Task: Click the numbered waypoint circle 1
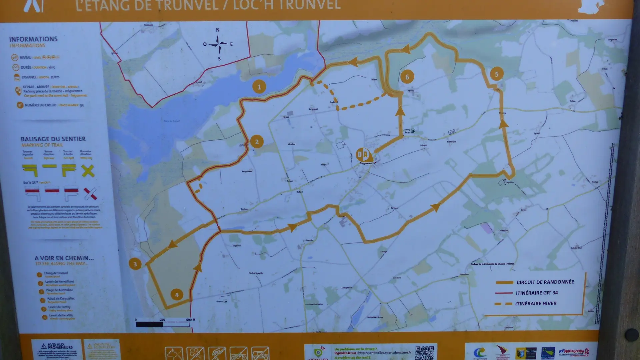tap(259, 87)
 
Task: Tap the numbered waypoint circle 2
tap(257, 142)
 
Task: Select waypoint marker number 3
tap(135, 264)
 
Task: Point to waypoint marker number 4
tap(177, 295)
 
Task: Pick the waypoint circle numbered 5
tap(497, 74)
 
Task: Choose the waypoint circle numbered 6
tap(407, 77)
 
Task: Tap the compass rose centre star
tap(218, 44)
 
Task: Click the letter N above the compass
tap(218, 30)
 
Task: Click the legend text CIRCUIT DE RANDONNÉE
tap(545, 282)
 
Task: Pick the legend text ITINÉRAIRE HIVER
tap(536, 303)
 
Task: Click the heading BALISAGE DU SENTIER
tap(53, 139)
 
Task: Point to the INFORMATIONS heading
tap(33, 39)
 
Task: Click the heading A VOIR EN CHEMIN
tap(64, 258)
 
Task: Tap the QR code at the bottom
tap(424, 353)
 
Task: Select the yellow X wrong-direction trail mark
tap(88, 171)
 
